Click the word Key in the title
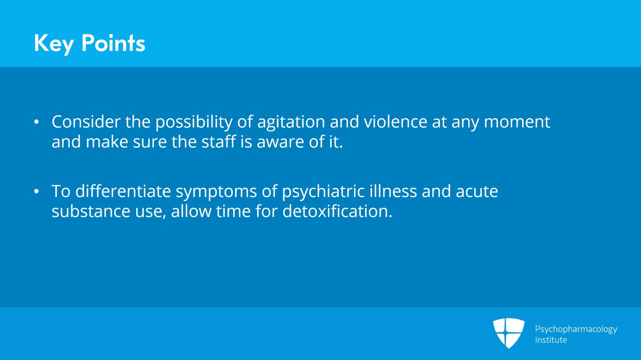click(x=54, y=44)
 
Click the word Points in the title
click(x=113, y=43)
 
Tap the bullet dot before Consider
click(x=36, y=122)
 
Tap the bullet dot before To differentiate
click(x=36, y=191)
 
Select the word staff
click(x=219, y=141)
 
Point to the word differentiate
click(x=123, y=191)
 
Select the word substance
click(x=91, y=212)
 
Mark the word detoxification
click(x=337, y=211)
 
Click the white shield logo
click(x=508, y=333)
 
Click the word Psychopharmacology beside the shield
click(x=576, y=330)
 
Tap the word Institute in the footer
click(x=551, y=340)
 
